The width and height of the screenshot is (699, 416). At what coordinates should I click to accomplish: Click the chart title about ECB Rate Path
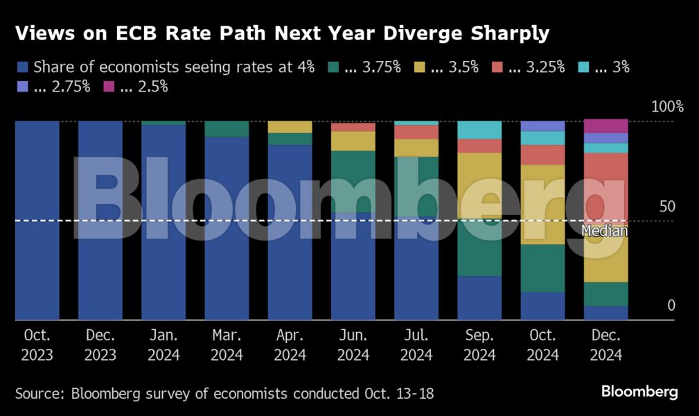point(282,34)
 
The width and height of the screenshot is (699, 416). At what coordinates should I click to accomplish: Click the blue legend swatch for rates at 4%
point(23,67)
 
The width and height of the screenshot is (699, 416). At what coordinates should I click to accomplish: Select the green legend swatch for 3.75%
point(333,67)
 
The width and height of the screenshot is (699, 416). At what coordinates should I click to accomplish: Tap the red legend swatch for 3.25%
point(497,67)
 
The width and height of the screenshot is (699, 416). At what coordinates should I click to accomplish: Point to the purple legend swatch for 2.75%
point(23,87)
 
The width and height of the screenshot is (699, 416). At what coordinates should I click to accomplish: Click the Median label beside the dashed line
point(604,232)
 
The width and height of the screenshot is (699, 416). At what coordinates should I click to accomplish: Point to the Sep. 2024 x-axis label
point(479,345)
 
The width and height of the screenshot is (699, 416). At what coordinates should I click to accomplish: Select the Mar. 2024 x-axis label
point(227,345)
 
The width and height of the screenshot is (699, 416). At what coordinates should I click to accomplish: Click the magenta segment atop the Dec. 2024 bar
point(605,126)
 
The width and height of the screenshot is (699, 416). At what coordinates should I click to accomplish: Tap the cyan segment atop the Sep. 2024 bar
point(479,130)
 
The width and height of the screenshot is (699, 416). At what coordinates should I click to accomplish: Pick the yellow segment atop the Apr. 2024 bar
point(290,127)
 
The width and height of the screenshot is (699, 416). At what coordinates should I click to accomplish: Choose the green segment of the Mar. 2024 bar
point(227,129)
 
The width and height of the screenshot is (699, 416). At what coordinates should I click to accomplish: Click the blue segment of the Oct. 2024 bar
point(542,306)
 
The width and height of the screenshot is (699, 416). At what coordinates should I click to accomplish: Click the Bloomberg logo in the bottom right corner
point(639,392)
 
